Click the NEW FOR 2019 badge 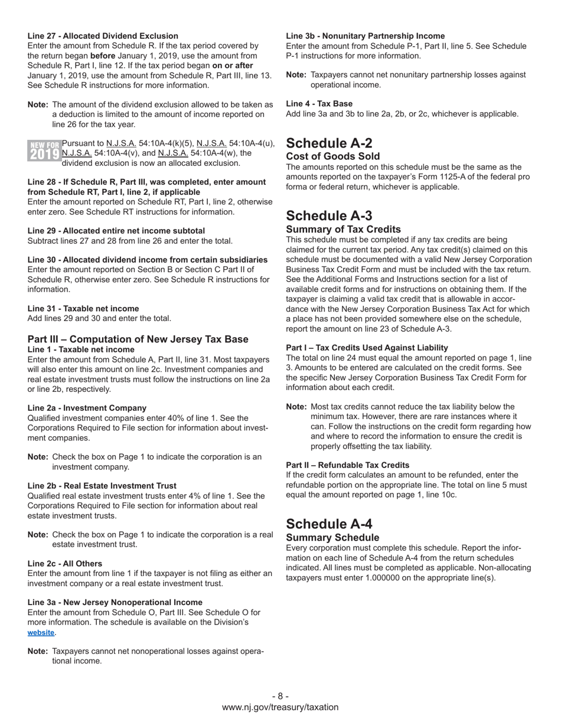click(x=44, y=151)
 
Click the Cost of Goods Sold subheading click(x=332, y=156)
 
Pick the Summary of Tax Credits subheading click(x=343, y=229)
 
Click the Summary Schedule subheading click(x=332, y=537)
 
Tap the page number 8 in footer click(x=280, y=696)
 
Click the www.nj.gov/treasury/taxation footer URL click(x=280, y=707)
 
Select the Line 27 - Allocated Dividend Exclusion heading click(x=103, y=36)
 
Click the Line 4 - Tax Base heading click(x=319, y=104)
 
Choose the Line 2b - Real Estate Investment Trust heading click(x=102, y=486)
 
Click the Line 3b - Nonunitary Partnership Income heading click(x=365, y=36)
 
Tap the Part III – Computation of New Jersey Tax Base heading click(x=138, y=339)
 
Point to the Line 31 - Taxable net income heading click(x=83, y=309)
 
